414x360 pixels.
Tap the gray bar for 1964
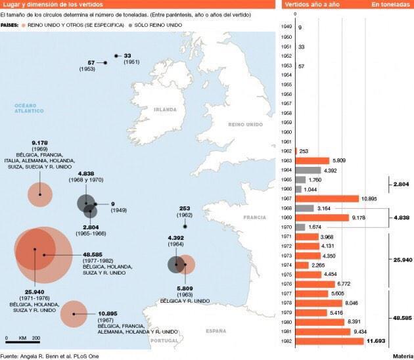tap(308, 170)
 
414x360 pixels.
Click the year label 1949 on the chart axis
tap(287, 27)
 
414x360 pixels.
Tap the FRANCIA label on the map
tap(255, 217)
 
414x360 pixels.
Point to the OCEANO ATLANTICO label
tap(30, 108)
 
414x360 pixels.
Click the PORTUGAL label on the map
tap(165, 340)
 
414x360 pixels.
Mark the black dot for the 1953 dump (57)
tap(105, 63)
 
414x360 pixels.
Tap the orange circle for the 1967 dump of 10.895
tap(74, 313)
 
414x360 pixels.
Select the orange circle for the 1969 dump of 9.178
tap(40, 194)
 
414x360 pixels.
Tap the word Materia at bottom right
tap(402, 356)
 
